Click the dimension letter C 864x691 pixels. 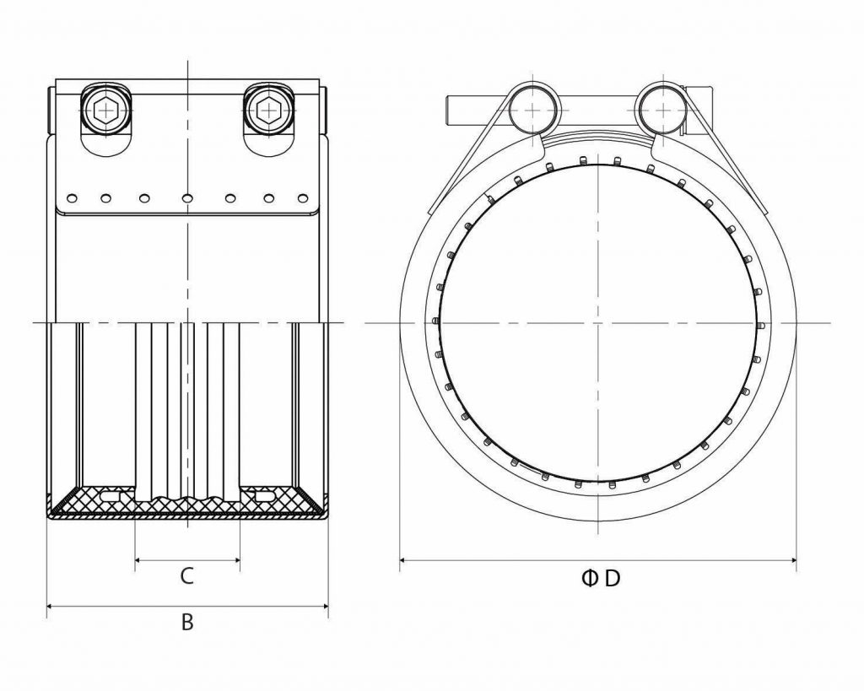(187, 576)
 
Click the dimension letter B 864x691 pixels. (187, 623)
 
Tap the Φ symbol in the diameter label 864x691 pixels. (589, 578)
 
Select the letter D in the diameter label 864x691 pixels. (613, 578)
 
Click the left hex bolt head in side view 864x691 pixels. (105, 109)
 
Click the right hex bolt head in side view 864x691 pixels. (269, 109)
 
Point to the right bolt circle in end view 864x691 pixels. (663, 108)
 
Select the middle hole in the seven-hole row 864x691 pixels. (187, 199)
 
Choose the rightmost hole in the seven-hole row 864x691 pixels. (303, 199)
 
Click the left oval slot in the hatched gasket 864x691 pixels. (111, 497)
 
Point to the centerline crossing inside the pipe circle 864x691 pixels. (598, 322)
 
